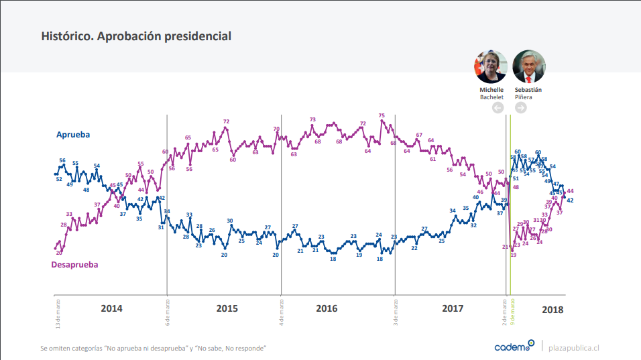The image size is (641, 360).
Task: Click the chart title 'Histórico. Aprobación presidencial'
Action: pyautogui.click(x=136, y=36)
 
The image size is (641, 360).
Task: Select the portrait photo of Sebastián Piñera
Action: pyautogui.click(x=528, y=66)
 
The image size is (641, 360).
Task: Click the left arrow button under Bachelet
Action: pyautogui.click(x=498, y=108)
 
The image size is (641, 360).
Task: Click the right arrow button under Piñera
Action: pyautogui.click(x=520, y=108)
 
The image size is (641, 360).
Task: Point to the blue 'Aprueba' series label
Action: pyautogui.click(x=72, y=134)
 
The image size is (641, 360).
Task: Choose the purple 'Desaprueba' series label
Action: pyautogui.click(x=74, y=264)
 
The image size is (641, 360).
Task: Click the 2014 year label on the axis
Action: pyautogui.click(x=111, y=309)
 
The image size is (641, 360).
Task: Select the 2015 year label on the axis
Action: pyautogui.click(x=227, y=309)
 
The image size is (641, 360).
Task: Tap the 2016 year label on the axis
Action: pyautogui.click(x=327, y=309)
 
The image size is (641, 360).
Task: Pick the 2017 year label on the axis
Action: pyautogui.click(x=453, y=309)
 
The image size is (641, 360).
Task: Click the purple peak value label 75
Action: pyautogui.click(x=382, y=115)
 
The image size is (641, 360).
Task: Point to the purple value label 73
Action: pyautogui.click(x=312, y=119)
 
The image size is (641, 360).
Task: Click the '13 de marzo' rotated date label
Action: pyautogui.click(x=58, y=313)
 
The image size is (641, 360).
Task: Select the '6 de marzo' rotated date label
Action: pyautogui.click(x=168, y=311)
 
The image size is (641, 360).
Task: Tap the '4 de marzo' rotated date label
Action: pyautogui.click(x=282, y=311)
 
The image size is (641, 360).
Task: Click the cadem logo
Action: pyautogui.click(x=514, y=347)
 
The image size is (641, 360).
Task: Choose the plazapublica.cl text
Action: pyautogui.click(x=573, y=347)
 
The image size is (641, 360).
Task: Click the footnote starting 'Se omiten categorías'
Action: pyautogui.click(x=154, y=348)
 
